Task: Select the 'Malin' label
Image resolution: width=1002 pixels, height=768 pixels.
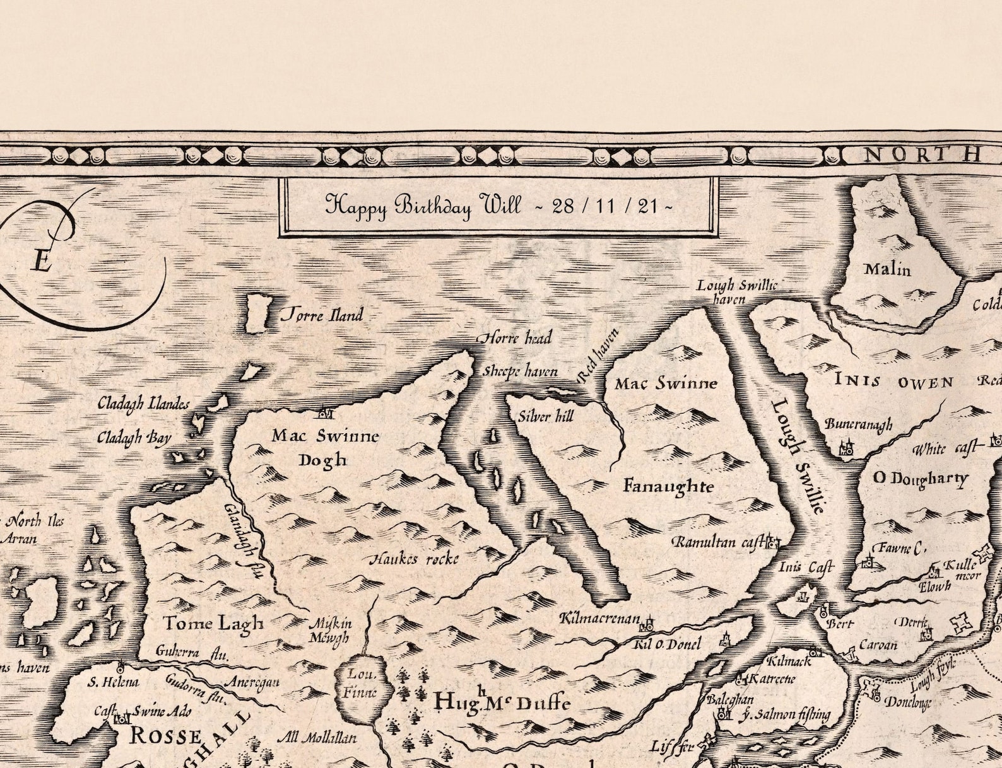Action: tap(887, 270)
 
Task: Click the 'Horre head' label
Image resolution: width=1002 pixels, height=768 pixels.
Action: tap(516, 339)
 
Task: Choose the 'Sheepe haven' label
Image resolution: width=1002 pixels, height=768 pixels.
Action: tap(521, 371)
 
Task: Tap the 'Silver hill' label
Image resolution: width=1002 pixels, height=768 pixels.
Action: tap(546, 417)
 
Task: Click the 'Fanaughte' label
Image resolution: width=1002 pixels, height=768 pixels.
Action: tap(668, 486)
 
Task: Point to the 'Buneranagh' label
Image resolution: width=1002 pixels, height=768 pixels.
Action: tap(858, 424)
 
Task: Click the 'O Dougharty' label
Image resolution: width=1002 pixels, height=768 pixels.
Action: tap(920, 479)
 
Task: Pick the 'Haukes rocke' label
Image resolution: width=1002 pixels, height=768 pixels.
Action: tap(413, 559)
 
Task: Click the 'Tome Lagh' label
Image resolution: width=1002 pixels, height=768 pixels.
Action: tap(213, 624)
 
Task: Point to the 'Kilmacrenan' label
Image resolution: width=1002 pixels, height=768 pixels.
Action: tap(600, 619)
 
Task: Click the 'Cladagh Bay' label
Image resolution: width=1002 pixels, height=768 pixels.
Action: tap(134, 437)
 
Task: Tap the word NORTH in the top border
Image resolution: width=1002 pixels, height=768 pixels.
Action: tap(922, 154)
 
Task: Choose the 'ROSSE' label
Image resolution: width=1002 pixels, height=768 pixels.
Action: tap(166, 736)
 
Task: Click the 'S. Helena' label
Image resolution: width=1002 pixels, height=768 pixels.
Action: tap(114, 682)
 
